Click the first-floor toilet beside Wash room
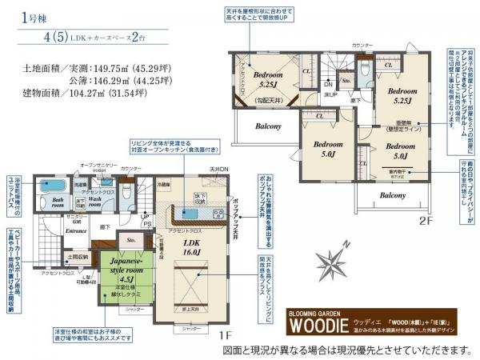pyautogui.click(x=126, y=193)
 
